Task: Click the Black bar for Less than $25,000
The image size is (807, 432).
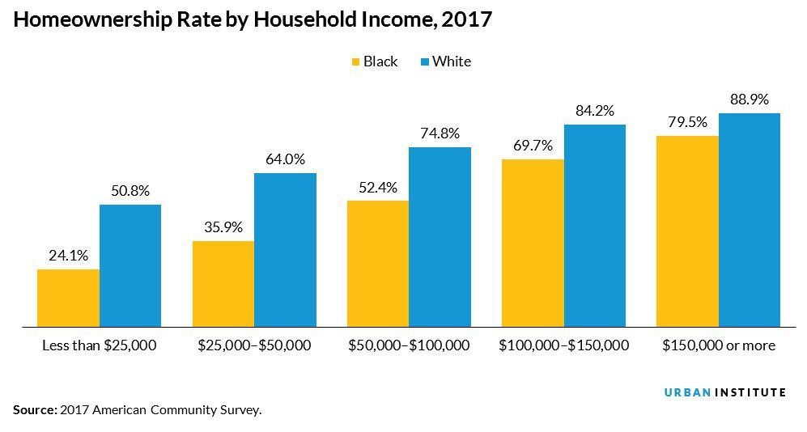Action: [68, 298]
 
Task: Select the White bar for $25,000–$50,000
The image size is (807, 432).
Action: [285, 250]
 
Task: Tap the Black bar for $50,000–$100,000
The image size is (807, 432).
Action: [378, 264]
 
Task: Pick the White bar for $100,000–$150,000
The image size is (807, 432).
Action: [595, 226]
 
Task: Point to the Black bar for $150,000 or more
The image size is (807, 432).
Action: [687, 231]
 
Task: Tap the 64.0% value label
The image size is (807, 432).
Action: [285, 159]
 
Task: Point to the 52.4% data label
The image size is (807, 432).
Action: [378, 187]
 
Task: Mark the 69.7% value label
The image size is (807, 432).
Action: [533, 146]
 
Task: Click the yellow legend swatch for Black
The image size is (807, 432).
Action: [355, 61]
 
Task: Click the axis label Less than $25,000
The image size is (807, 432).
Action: [99, 345]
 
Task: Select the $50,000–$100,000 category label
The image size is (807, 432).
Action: [409, 345]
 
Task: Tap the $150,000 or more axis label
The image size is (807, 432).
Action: [718, 345]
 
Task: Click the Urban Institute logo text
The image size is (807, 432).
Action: [724, 392]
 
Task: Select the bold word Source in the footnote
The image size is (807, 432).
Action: [35, 410]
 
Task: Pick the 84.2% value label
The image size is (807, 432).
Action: [595, 111]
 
